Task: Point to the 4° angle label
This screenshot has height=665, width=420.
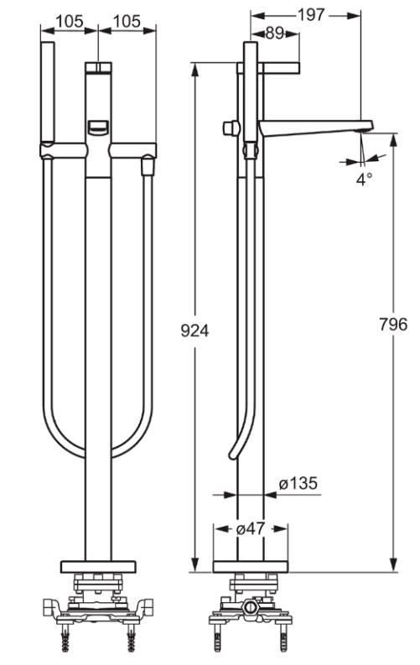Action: click(x=362, y=179)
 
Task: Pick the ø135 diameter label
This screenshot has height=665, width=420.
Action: click(x=297, y=483)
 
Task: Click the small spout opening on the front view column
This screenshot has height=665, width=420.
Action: click(x=98, y=127)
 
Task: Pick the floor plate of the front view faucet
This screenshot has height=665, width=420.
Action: click(x=98, y=565)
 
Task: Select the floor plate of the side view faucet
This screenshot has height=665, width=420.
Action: click(x=251, y=565)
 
